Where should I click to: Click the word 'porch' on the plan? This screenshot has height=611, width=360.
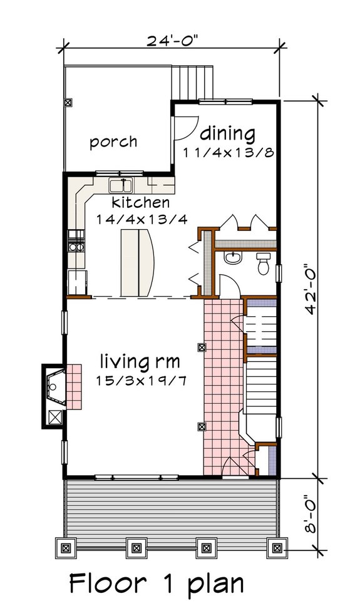coord(113,141)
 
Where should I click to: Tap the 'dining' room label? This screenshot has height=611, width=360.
coord(228,133)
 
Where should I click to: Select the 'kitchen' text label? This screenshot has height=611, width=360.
coord(141,203)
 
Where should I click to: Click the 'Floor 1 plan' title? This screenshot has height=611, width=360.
coord(157,583)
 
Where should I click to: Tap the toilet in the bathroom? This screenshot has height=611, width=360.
coord(264,264)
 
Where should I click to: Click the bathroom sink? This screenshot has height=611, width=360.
coord(232,258)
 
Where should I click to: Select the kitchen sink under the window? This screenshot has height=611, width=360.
coord(121,185)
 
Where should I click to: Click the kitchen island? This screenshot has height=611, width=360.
coord(138,261)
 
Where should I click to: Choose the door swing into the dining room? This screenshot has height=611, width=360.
coord(181,128)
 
